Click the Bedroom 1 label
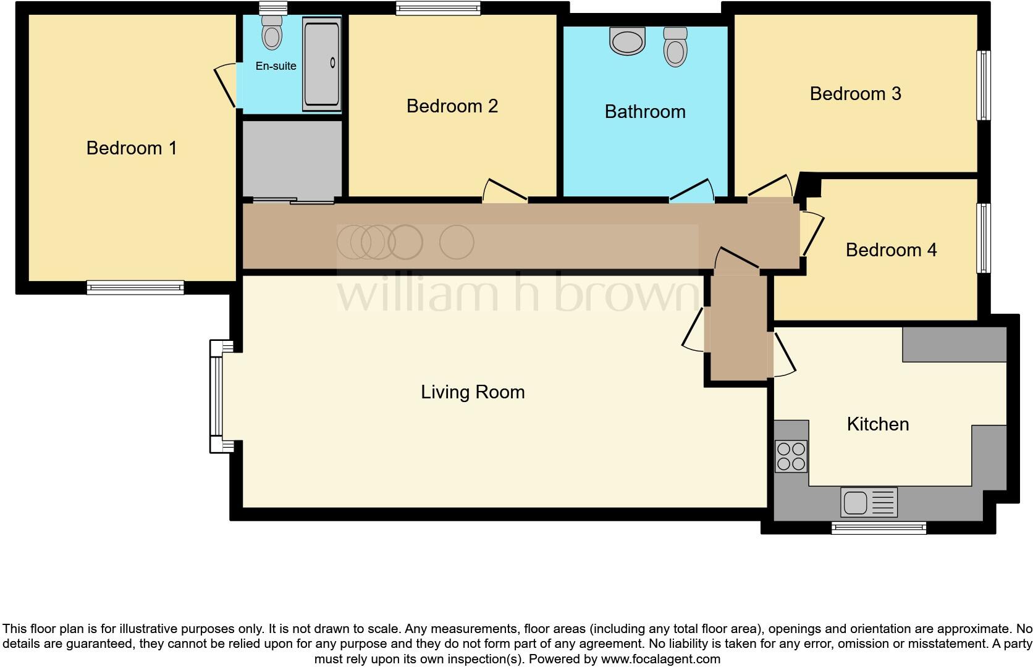coord(132,148)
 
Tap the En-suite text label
coord(276,66)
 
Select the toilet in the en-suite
coord(272,33)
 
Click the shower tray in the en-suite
coord(321,64)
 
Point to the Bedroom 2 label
coord(452,106)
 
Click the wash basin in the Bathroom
coord(627,41)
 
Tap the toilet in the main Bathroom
coord(675,47)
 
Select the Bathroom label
coord(645,112)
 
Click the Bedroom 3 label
coord(855,94)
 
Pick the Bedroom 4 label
coord(891,250)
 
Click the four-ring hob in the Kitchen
coord(791,456)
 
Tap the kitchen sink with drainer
coord(869,502)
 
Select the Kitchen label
coord(877,424)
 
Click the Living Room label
coord(473,392)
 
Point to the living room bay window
coord(216,396)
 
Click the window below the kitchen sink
coord(878,528)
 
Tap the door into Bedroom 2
coord(505,192)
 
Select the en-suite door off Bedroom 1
coord(225,86)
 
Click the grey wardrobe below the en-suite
coord(292,159)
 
